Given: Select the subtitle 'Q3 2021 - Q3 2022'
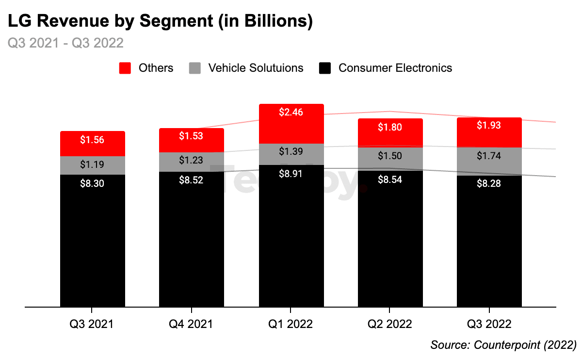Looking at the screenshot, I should click(65, 43).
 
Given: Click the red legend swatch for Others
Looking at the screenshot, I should click(125, 68).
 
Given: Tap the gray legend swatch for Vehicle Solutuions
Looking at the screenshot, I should click(194, 68).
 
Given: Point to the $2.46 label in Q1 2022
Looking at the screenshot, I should click(291, 113).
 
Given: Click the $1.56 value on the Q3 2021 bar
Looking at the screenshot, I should click(92, 140).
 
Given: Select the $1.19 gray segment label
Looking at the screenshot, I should click(92, 164).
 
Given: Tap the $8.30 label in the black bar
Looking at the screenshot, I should click(92, 183).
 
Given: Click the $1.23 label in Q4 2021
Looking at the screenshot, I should click(191, 160).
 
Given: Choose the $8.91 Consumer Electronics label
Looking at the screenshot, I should click(291, 174).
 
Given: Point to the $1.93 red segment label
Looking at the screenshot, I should click(489, 126).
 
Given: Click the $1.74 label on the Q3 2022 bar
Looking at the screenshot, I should click(489, 156).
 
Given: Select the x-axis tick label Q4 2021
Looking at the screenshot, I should click(191, 324).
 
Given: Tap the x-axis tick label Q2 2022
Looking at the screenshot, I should click(390, 324).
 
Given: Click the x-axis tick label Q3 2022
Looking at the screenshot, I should click(489, 324).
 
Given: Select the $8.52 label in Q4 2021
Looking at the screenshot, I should click(191, 180).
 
